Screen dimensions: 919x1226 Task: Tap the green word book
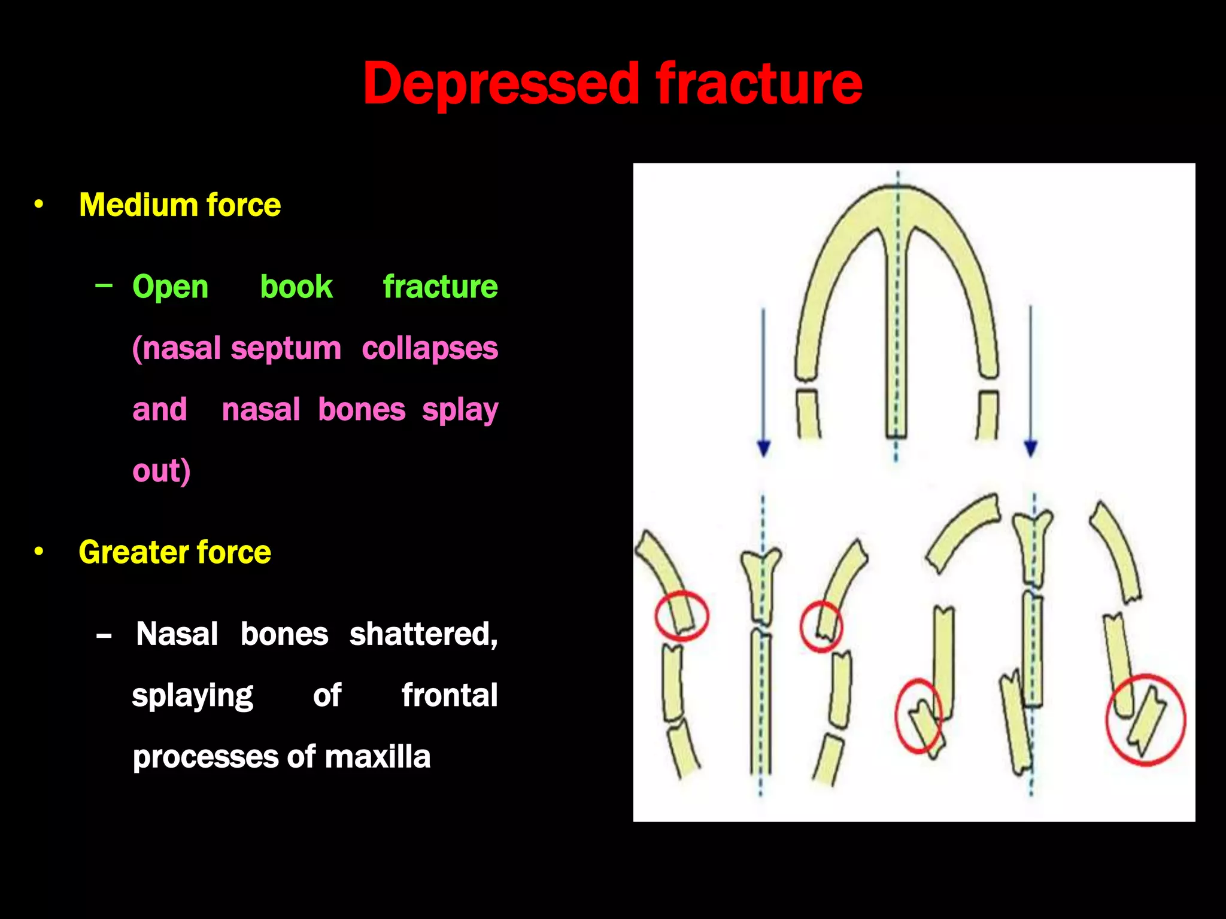pyautogui.click(x=296, y=286)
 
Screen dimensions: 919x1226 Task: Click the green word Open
pyautogui.click(x=171, y=287)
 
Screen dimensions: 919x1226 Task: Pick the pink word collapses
pyautogui.click(x=430, y=348)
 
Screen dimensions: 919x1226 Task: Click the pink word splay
pyautogui.click(x=460, y=410)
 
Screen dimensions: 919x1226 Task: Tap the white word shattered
pyautogui.click(x=423, y=634)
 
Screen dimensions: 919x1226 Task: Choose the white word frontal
pyautogui.click(x=449, y=695)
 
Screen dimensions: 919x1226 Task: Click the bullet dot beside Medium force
pyautogui.click(x=39, y=205)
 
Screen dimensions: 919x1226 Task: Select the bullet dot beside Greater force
pyautogui.click(x=39, y=552)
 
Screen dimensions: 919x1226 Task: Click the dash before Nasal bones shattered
pyautogui.click(x=104, y=635)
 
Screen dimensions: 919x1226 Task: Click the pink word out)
pyautogui.click(x=161, y=471)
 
